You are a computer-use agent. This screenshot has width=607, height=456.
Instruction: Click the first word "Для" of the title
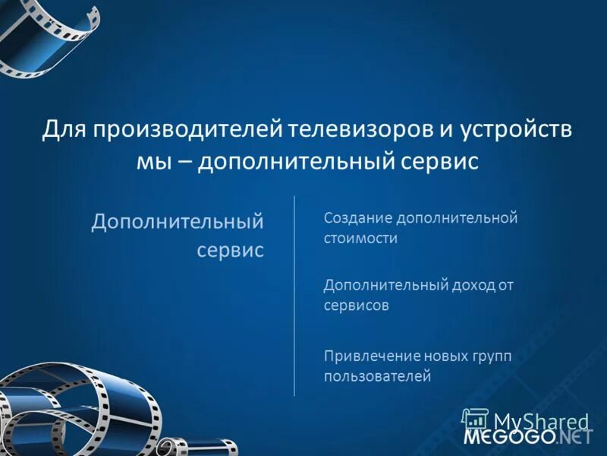pos(63,130)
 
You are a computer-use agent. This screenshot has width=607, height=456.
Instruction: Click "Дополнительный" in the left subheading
pos(178,222)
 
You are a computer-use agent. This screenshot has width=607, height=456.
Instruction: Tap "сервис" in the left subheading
pos(231,250)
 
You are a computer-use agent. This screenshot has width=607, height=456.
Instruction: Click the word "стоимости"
pos(360,238)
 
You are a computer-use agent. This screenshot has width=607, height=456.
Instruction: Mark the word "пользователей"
pos(377,375)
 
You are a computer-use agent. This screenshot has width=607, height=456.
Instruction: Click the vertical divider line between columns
pos(294,296)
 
